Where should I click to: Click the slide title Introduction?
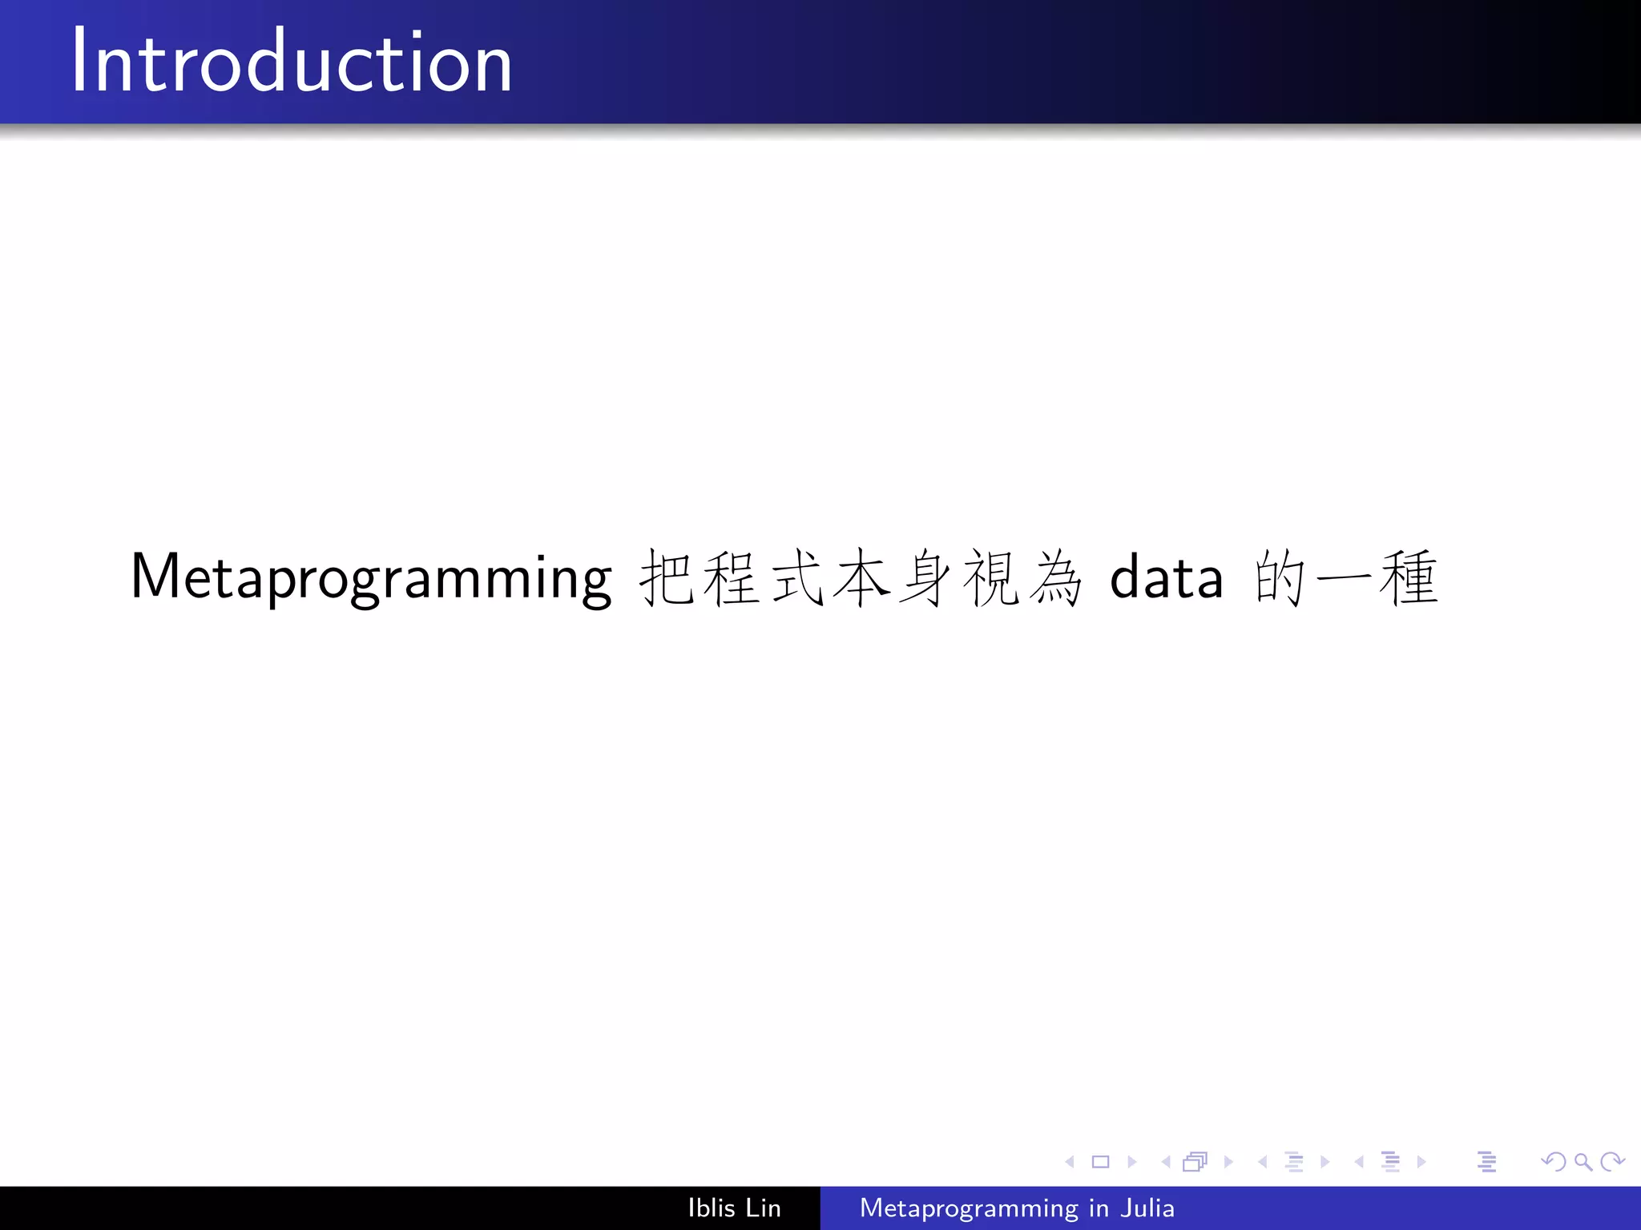pyautogui.click(x=292, y=62)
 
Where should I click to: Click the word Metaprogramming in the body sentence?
pyautogui.click(x=371, y=577)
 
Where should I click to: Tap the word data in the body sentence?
pyautogui.click(x=1167, y=577)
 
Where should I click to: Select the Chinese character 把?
pyautogui.click(x=667, y=577)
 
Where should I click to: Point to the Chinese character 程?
pyautogui.click(x=732, y=577)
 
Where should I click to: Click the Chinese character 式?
pyautogui.click(x=797, y=577)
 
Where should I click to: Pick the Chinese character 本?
pyautogui.click(x=862, y=577)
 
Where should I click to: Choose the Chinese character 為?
pyautogui.click(x=1056, y=577)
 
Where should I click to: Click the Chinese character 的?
pyautogui.click(x=1280, y=577)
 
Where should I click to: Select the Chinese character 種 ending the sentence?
pyautogui.click(x=1409, y=577)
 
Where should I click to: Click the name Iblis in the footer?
pyautogui.click(x=712, y=1208)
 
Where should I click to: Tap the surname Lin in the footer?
pyautogui.click(x=763, y=1208)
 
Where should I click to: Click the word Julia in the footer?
pyautogui.click(x=1147, y=1208)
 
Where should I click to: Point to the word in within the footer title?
pyautogui.click(x=1099, y=1208)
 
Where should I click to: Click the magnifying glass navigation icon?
pyautogui.click(x=1583, y=1162)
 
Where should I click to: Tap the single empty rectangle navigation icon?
pyautogui.click(x=1101, y=1162)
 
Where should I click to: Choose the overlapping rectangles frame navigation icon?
pyautogui.click(x=1195, y=1162)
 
